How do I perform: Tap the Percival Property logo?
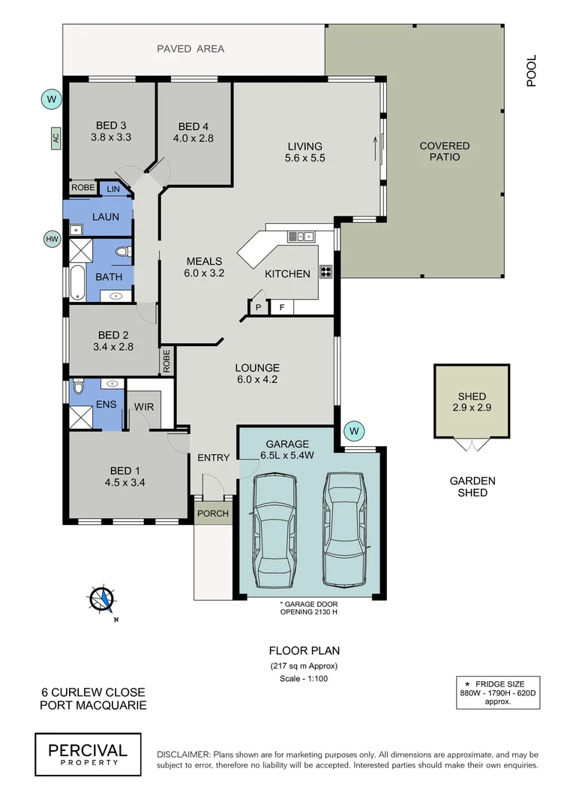88,753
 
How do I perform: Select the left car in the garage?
274,532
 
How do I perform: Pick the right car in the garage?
343,530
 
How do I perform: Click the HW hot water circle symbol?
52,240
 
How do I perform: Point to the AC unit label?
55,137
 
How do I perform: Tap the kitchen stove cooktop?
327,272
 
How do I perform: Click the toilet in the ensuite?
77,389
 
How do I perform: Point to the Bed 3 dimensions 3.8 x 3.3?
111,137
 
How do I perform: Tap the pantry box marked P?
258,306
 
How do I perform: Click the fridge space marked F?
282,306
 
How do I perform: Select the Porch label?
213,514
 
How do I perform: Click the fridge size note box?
497,692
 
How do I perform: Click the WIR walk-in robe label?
144,406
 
